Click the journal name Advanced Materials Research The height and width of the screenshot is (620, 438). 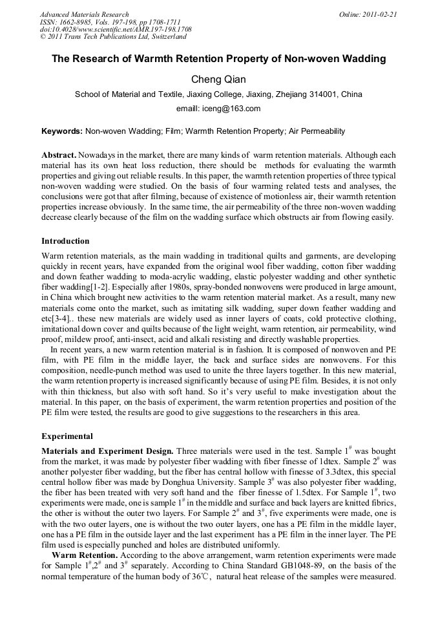[84, 14]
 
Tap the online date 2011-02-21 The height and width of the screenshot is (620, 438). [379, 14]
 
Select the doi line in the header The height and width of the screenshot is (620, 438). [116, 30]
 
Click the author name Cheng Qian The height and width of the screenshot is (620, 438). [218, 79]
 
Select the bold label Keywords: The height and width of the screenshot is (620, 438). [62, 131]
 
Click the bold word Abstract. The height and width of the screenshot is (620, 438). [58, 156]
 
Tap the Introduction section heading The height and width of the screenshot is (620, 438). [65, 241]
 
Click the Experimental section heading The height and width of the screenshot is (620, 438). [67, 436]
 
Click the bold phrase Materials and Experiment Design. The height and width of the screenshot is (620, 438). [107, 450]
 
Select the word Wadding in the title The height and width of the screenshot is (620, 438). [363, 59]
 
